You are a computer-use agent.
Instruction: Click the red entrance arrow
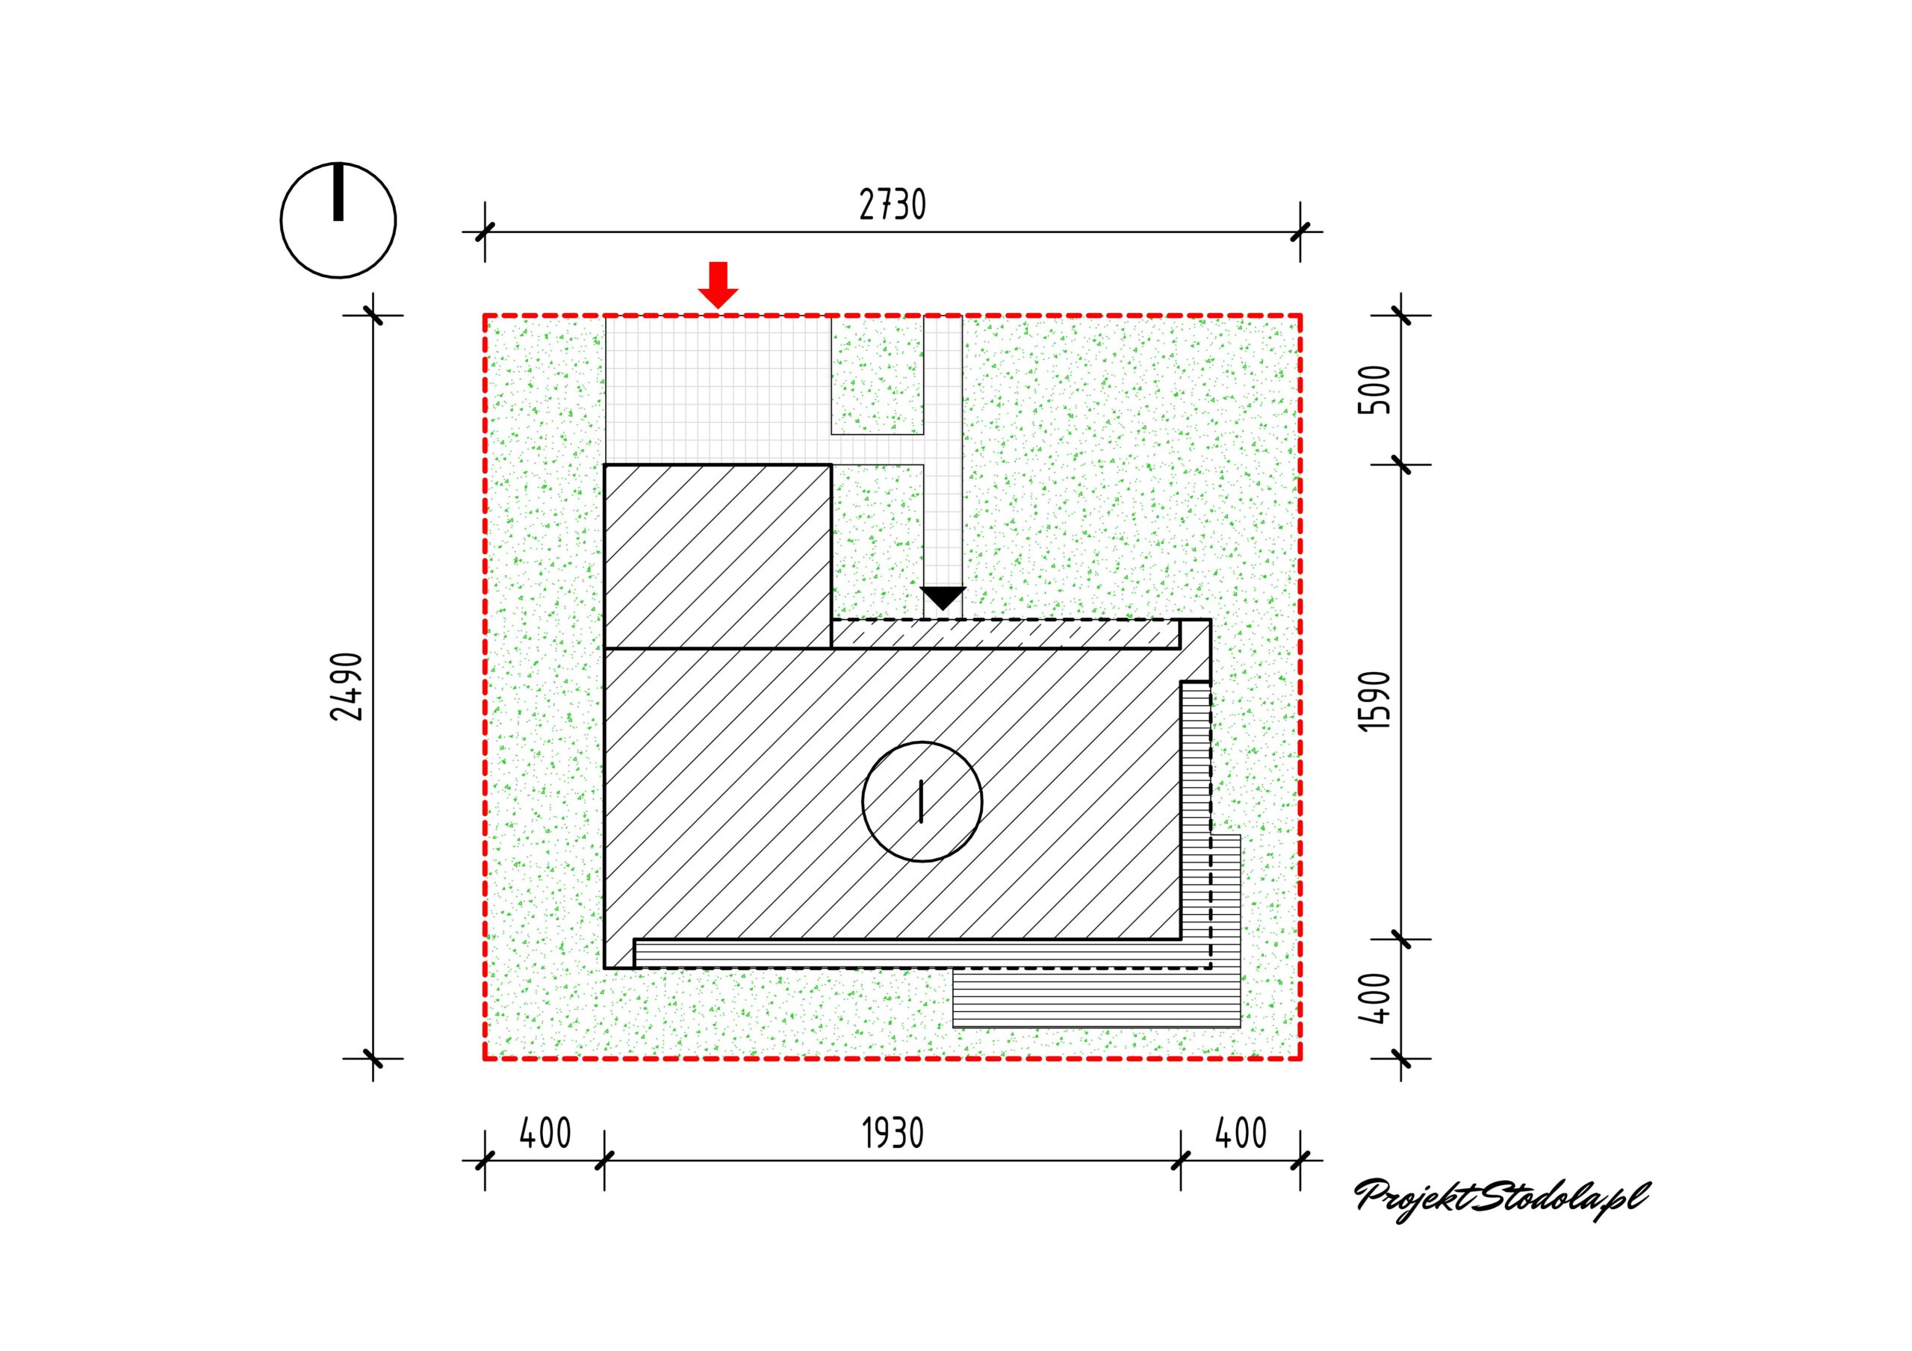pos(718,285)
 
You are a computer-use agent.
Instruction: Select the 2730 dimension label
pos(892,205)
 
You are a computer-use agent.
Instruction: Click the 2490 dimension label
pos(347,686)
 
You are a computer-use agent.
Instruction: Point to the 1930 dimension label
pos(893,1134)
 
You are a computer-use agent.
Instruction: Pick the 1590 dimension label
pos(1375,701)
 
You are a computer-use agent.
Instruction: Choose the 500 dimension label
pos(1375,390)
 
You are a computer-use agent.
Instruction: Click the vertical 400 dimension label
pos(1375,998)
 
